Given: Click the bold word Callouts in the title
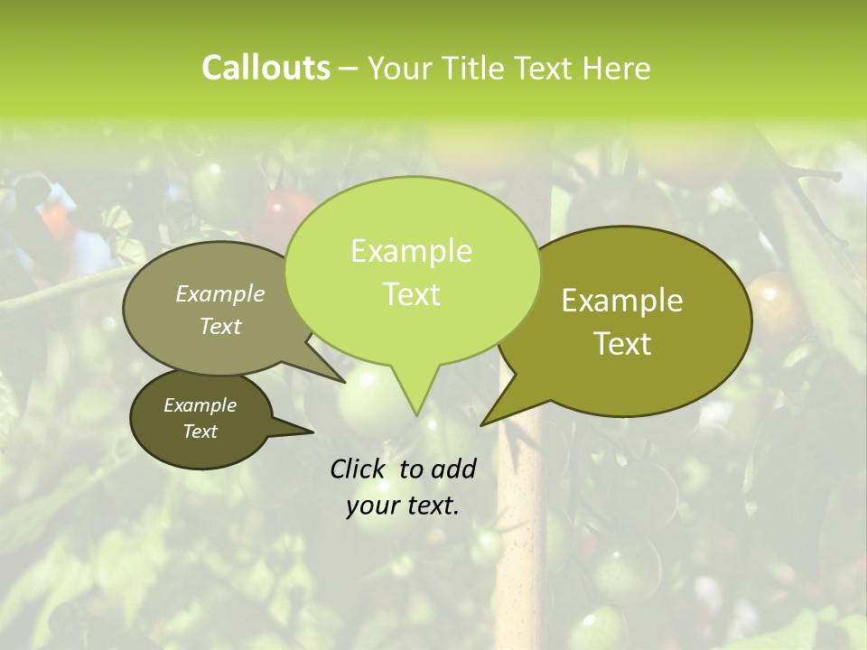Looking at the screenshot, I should point(266,68).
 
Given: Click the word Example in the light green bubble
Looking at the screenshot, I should point(411,251).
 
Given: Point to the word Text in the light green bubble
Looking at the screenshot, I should point(411,294).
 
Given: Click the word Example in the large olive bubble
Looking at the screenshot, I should point(622,301).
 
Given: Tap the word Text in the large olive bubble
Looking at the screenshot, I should point(622,344).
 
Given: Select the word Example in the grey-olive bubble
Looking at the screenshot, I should point(220,293).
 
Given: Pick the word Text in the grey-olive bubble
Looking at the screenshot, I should point(220,326).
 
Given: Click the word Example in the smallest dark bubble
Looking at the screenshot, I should point(200,405).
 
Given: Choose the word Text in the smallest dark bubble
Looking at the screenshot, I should point(200,432).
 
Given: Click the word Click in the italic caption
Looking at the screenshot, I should point(359,469).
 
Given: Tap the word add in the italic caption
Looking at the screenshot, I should point(453,469).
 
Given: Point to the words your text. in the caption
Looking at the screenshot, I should point(403,506).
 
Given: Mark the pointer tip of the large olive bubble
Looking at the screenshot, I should point(482,424).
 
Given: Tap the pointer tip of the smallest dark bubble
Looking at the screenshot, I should point(312,432).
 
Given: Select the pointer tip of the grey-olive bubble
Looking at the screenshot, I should point(344,382).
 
